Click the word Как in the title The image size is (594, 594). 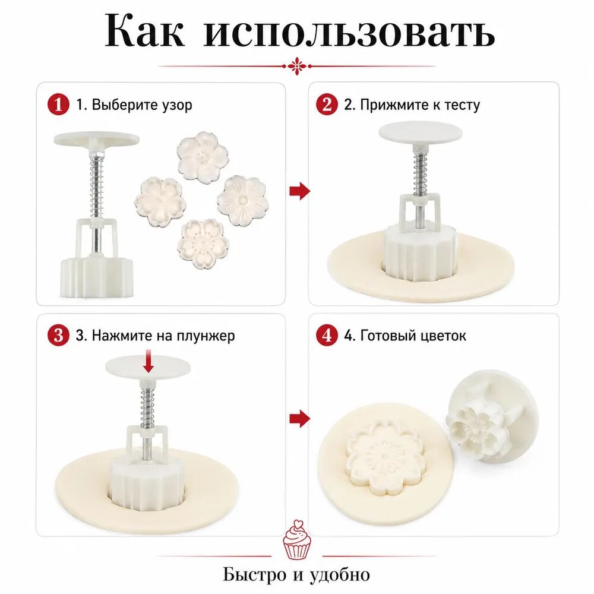tap(144, 30)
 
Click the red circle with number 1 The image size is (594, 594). tap(58, 104)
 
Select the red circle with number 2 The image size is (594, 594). tap(327, 104)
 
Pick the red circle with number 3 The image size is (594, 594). tap(58, 335)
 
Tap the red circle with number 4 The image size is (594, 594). tap(327, 335)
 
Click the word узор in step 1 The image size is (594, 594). tap(176, 106)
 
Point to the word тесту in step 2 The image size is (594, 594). tap(462, 105)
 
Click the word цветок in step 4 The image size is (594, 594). tap(444, 336)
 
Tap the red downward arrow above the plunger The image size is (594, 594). tap(148, 363)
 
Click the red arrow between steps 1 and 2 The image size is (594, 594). tap(299, 191)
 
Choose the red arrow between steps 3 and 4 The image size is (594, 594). tap(299, 418)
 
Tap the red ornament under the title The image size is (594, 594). tap(297, 67)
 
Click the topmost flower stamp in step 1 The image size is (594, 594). tap(203, 157)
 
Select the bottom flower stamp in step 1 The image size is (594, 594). tap(203, 244)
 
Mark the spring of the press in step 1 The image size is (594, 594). tap(96, 187)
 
